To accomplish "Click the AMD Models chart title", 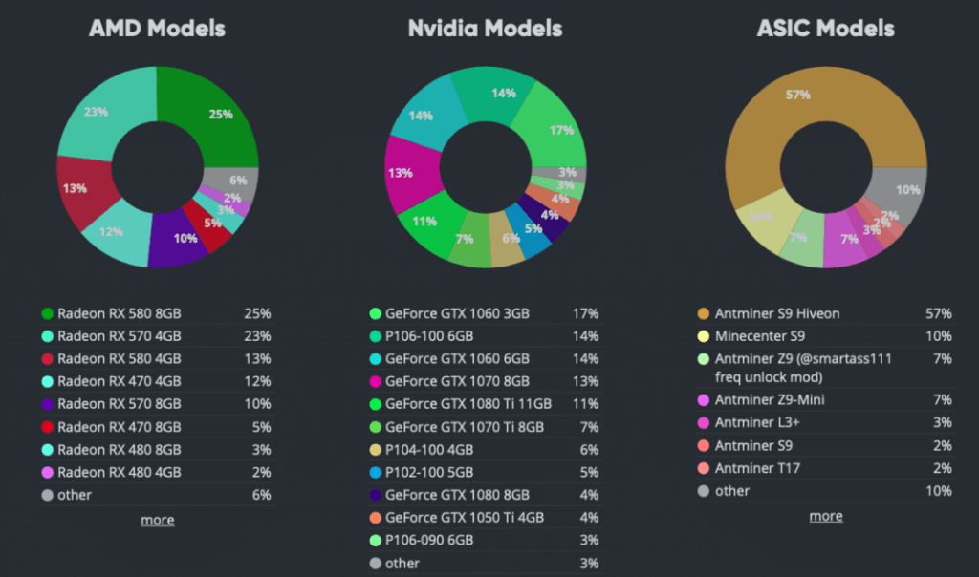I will [x=157, y=29].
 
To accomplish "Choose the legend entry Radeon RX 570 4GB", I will [x=120, y=335].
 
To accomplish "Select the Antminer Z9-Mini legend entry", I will [x=770, y=399].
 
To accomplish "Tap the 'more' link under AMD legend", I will [x=157, y=520].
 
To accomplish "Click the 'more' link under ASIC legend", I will [x=826, y=516].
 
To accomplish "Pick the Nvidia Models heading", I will [x=485, y=29].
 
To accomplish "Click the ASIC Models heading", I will [x=825, y=29].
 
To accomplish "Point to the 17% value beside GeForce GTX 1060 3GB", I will [x=585, y=313].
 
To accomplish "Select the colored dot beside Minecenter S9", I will [x=704, y=336].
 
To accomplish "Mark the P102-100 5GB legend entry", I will [x=431, y=472].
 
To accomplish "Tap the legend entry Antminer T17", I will [x=757, y=468].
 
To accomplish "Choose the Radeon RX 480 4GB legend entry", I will [x=120, y=472].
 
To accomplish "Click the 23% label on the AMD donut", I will [x=97, y=112].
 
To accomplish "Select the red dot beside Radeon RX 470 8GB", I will [x=47, y=426].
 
